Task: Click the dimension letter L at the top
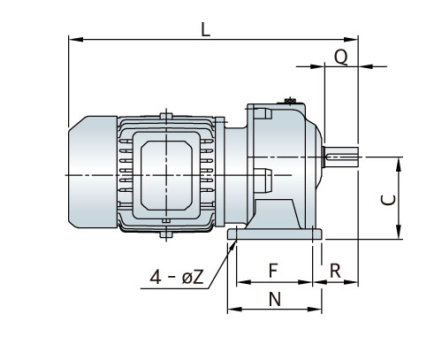[206, 28]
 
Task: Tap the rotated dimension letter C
[387, 199]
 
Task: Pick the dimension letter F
[273, 269]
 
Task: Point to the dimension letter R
[335, 269]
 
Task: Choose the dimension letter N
[274, 299]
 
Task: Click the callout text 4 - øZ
[179, 278]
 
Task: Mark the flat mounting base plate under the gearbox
[274, 234]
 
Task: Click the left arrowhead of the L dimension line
[72, 39]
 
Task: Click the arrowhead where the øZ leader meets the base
[234, 243]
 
